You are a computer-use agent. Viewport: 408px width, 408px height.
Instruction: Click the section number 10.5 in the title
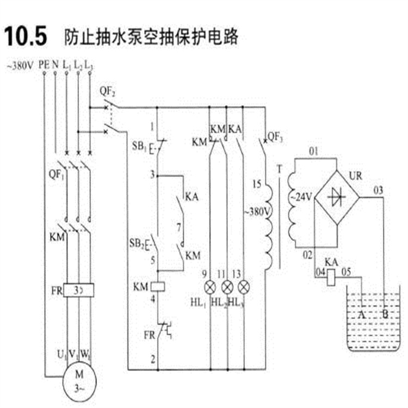point(29,36)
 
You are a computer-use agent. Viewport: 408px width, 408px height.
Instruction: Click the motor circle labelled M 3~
point(78,376)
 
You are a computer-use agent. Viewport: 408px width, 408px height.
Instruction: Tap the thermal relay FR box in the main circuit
point(79,290)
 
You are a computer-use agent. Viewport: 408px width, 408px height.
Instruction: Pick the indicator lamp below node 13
point(244,287)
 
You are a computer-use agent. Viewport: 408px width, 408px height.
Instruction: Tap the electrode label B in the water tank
point(386,314)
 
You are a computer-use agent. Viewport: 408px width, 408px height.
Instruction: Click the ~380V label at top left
point(20,66)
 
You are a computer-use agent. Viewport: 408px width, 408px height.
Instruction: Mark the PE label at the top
point(44,66)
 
